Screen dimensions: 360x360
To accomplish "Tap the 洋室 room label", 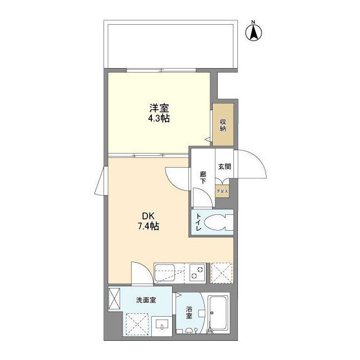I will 158,109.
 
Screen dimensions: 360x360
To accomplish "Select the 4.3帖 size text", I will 158,119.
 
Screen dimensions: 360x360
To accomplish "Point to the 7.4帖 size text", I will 148,227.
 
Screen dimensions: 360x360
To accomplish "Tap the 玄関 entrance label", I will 223,166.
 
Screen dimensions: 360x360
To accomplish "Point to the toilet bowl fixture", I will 218,223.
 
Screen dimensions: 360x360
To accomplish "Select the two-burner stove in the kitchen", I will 197,272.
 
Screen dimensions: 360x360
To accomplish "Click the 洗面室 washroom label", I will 146,300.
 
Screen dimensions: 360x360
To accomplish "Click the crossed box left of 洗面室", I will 115,298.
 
